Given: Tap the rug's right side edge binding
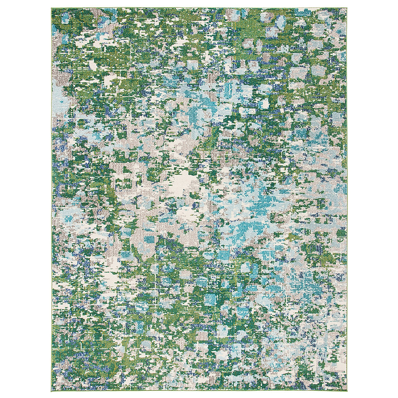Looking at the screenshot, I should coord(347,199).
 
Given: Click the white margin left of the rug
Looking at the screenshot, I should coord(25,199).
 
